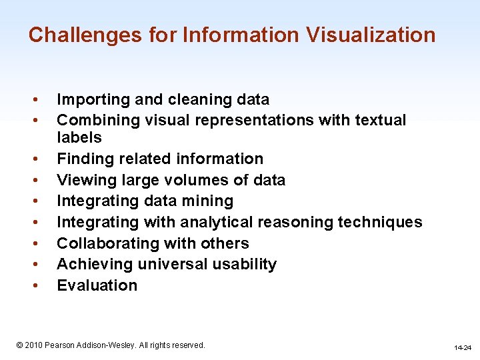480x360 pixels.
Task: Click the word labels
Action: (x=79, y=138)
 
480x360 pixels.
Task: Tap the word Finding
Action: (x=83, y=159)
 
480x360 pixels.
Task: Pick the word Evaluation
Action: (x=97, y=285)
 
